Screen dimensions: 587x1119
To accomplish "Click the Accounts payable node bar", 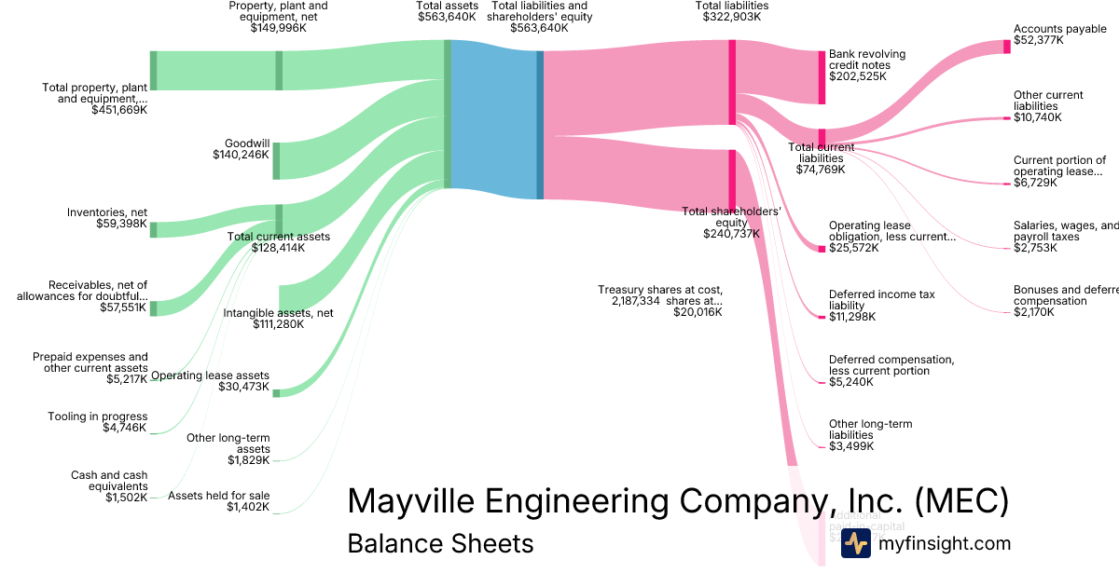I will coord(1007,47).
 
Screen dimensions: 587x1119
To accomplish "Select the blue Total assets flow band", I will coord(493,118).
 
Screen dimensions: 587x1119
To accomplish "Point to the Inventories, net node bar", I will coord(154,229).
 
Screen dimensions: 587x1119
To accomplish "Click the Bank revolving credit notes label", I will coord(860,65).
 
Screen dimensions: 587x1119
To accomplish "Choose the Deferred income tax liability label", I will coord(881,306).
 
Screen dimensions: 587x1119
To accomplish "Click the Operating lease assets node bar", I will coord(276,393).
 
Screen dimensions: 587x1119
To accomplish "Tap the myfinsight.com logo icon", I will coord(855,543).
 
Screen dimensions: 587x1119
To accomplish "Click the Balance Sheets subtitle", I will coord(440,543).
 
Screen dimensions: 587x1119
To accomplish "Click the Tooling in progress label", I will coord(98,422).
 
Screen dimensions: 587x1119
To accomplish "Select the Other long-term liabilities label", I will coord(870,435).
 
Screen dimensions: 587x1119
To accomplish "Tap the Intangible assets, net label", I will coord(278,319).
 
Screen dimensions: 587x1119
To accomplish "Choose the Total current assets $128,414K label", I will coord(279,242).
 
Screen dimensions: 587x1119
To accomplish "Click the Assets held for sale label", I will coord(218,501).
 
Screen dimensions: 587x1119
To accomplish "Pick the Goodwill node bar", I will coord(276,160).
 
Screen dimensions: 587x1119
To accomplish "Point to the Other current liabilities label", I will coord(1048,106).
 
